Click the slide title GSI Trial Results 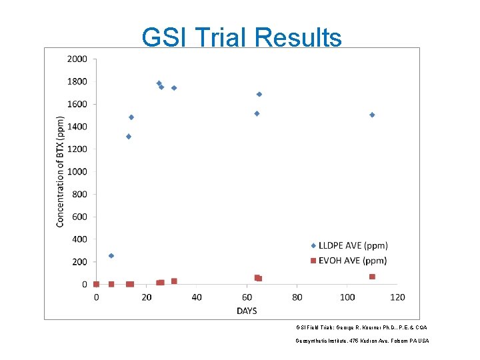(x=241, y=38)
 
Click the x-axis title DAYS (x=247, y=311)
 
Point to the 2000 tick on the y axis (x=77, y=59)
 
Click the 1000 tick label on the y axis (x=77, y=171)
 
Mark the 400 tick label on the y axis (x=79, y=239)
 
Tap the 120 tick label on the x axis (x=397, y=297)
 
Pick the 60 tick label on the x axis (x=247, y=297)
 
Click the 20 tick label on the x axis (x=147, y=297)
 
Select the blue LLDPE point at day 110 (x=372, y=115)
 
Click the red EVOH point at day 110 (x=372, y=277)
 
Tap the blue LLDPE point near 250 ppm (x=111, y=256)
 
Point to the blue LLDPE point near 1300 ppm (x=129, y=137)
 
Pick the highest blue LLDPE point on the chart (x=159, y=83)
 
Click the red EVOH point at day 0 (x=97, y=284)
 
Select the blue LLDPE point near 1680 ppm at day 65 (x=259, y=94)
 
